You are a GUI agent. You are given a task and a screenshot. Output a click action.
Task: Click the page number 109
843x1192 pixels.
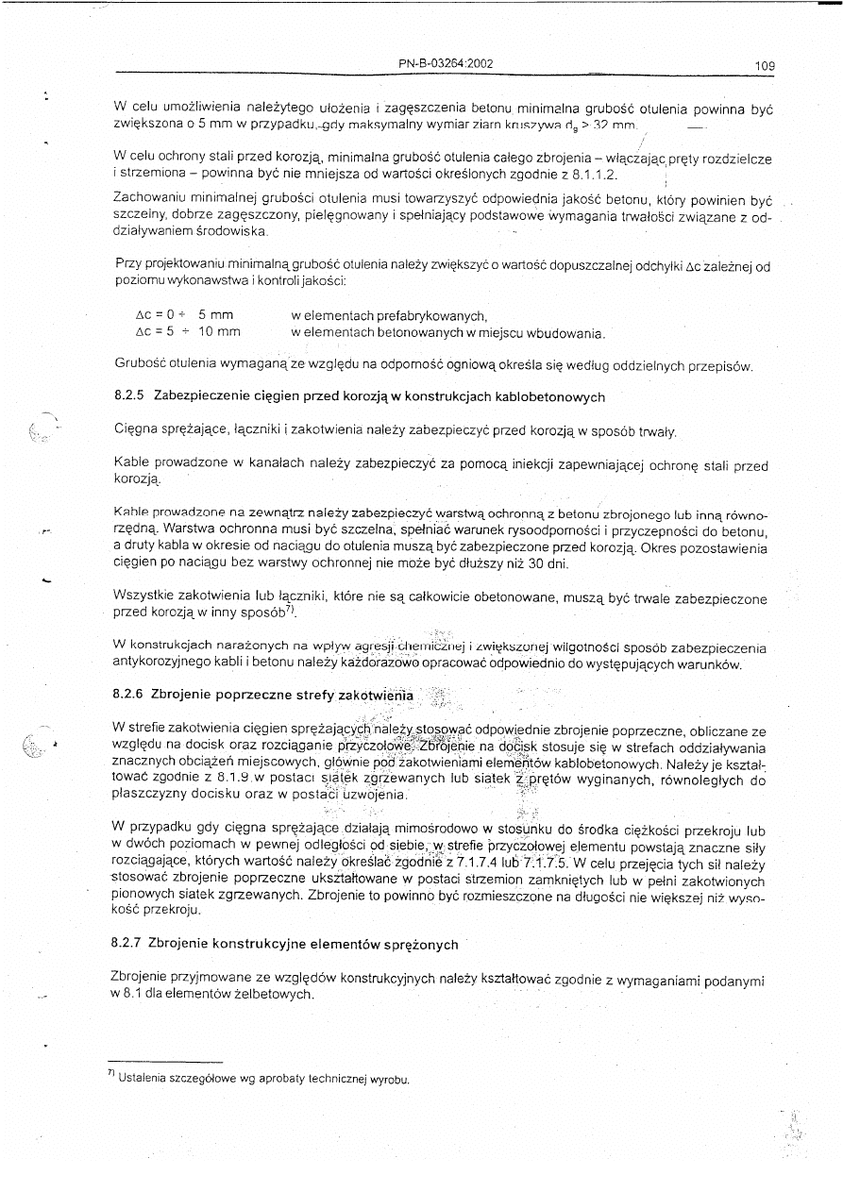765,66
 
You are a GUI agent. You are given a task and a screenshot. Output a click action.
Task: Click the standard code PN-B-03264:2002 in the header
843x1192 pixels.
446,64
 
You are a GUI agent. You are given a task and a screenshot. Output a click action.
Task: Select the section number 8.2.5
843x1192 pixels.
127,396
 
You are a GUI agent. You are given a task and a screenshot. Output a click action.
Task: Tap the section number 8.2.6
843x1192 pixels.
127,696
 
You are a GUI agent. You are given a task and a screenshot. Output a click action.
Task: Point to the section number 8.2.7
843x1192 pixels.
126,944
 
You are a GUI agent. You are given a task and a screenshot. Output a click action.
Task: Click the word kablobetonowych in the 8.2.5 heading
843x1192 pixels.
556,396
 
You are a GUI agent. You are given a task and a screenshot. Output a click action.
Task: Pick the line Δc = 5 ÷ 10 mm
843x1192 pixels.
188,331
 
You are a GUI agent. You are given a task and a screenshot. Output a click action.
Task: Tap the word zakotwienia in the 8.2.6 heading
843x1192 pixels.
376,696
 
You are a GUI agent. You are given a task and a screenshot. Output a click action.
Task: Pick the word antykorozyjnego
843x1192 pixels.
160,663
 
